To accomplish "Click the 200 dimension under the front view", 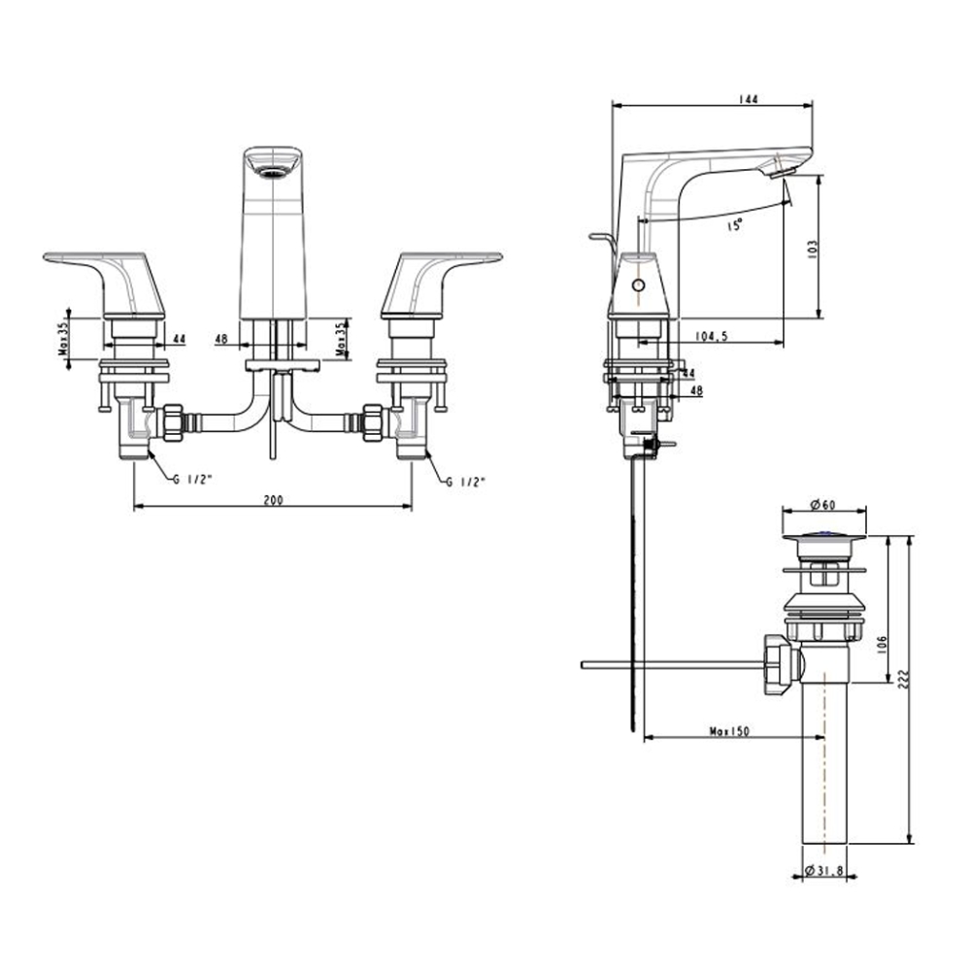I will [273, 499].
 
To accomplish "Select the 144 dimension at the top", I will [748, 99].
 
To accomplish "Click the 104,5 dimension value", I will [712, 336].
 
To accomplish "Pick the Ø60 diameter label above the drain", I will [823, 504].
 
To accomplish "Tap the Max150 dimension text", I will [728, 731].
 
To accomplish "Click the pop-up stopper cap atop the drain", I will [823, 533].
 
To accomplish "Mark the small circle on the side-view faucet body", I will [638, 286].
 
